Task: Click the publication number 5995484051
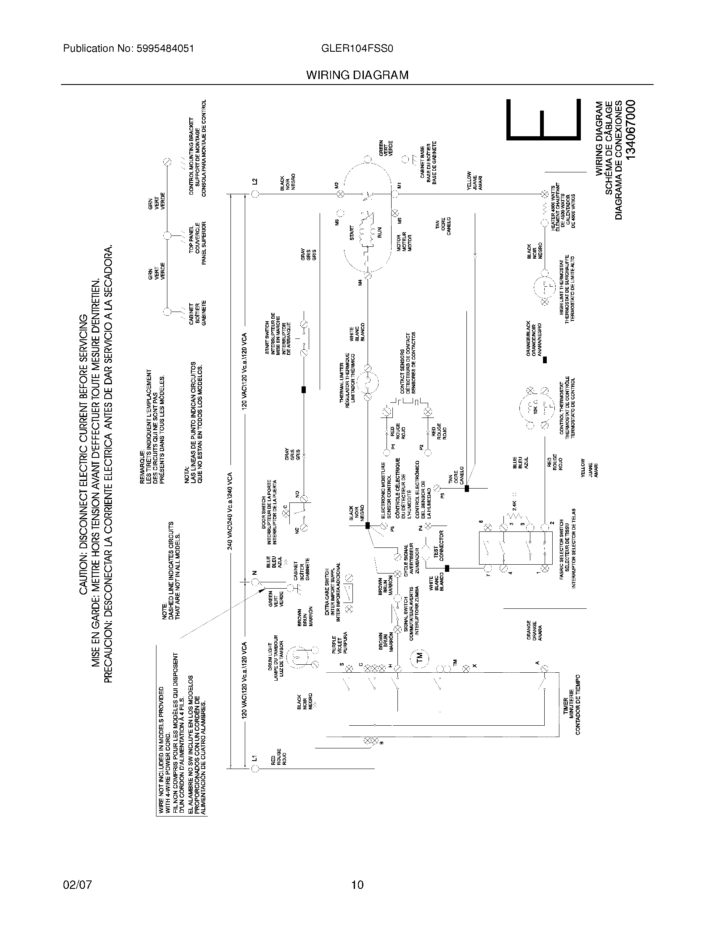tap(165, 49)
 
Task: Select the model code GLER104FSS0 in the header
tap(357, 49)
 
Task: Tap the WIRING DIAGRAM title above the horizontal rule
tap(357, 75)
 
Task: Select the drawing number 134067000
tap(631, 129)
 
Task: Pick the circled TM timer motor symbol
tap(419, 657)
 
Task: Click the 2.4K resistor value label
tap(514, 505)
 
